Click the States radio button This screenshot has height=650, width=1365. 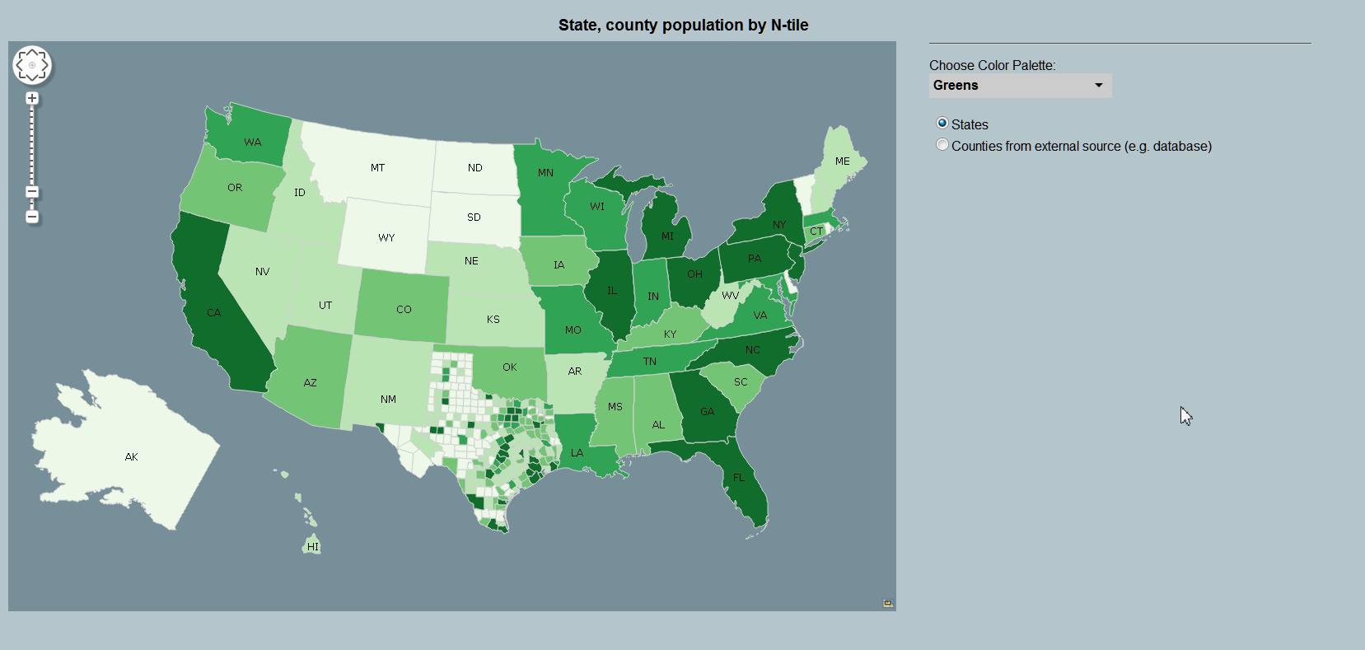[x=942, y=124]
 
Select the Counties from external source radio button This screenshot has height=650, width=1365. [x=942, y=145]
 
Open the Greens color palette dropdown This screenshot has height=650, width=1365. [x=1020, y=86]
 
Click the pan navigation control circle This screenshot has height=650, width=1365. [x=32, y=65]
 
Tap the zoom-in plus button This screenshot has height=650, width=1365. [x=32, y=99]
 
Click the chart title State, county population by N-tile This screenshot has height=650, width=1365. [x=683, y=25]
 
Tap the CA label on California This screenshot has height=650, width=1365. [x=214, y=313]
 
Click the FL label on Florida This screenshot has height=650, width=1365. [x=739, y=478]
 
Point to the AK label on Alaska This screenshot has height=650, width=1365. [x=132, y=457]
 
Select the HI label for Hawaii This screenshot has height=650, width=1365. [x=313, y=547]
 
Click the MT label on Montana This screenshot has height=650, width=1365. [x=377, y=168]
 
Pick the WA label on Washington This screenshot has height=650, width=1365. [x=252, y=143]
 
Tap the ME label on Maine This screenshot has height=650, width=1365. [x=842, y=161]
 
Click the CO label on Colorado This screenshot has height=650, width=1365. [x=404, y=310]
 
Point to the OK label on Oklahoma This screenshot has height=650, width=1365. [x=510, y=367]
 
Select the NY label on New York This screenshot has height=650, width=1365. [x=779, y=225]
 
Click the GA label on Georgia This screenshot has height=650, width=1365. [x=708, y=412]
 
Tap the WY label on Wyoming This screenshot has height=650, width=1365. [x=386, y=238]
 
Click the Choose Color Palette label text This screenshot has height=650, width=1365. [x=992, y=65]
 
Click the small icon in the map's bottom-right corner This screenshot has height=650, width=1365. [x=888, y=603]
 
